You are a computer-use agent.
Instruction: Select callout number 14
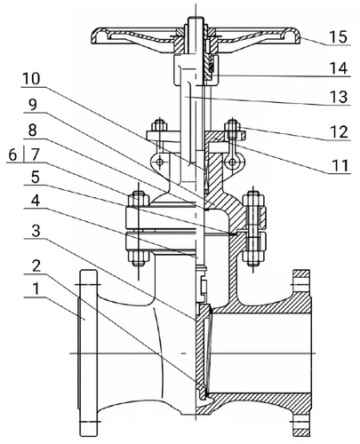(338, 68)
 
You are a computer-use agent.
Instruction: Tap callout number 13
(338, 97)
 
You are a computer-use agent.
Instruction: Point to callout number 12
(339, 131)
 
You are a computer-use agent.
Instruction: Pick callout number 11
(340, 166)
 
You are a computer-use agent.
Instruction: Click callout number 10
(31, 79)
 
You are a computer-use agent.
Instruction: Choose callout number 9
(32, 105)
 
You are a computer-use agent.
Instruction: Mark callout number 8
(32, 131)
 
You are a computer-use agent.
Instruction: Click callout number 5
(35, 178)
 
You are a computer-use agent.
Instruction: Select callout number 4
(35, 202)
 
